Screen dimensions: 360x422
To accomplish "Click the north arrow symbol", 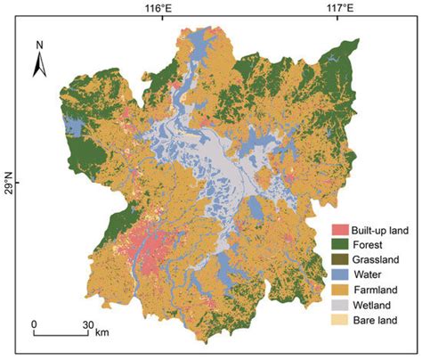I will click(40, 63).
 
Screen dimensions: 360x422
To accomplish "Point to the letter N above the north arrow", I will click(40, 44).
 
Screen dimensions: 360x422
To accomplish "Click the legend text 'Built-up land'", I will click(381, 229).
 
